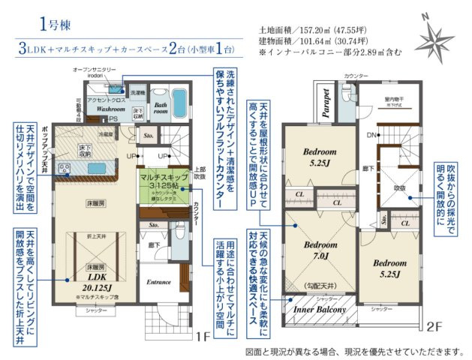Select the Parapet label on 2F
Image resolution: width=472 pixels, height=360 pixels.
coord(327,104)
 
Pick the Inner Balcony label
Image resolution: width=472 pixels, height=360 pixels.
coord(318,309)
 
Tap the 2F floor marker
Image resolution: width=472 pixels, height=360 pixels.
coord(434,326)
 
